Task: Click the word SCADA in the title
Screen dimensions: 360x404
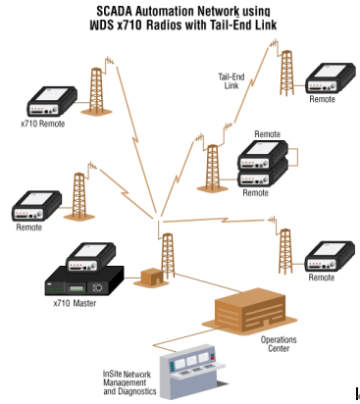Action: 114,11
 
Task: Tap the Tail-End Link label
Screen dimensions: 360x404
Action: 231,81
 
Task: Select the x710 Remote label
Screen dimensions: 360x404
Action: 42,124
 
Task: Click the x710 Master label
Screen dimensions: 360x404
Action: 75,303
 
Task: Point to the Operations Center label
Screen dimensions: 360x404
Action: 279,344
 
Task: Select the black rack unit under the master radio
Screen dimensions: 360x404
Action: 84,281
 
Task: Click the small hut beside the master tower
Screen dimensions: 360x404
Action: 152,278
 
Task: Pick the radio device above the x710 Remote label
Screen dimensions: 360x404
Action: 52,101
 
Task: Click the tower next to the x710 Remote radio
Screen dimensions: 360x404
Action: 97,91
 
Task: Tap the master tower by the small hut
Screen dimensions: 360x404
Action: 168,256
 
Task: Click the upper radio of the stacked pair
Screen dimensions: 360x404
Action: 263,154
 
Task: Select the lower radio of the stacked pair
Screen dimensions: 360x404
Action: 263,176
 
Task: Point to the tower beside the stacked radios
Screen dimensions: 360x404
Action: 212,168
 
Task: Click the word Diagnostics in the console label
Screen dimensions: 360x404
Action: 137,391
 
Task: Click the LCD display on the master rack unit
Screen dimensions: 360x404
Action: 76,288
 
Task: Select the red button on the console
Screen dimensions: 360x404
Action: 213,359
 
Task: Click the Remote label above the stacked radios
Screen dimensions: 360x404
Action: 267,134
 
